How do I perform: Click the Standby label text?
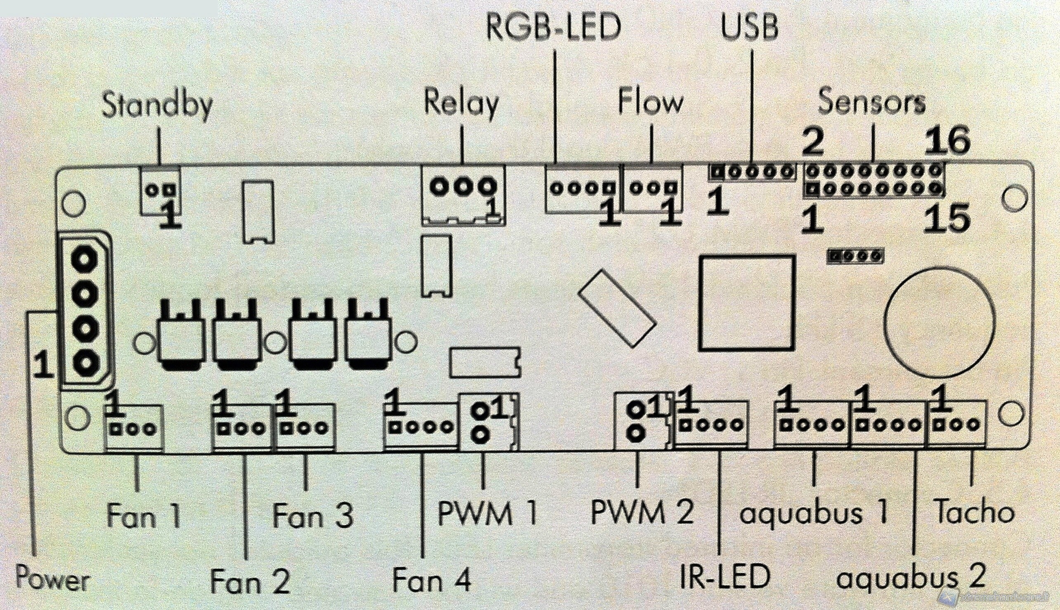(157, 105)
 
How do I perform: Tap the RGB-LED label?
(553, 28)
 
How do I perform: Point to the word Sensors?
(871, 102)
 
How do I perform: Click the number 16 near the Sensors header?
(947, 141)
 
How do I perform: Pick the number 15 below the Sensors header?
(946, 219)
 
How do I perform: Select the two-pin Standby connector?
(161, 191)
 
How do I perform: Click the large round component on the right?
(940, 320)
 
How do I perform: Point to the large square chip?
(746, 302)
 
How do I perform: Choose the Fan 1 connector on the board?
(133, 428)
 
